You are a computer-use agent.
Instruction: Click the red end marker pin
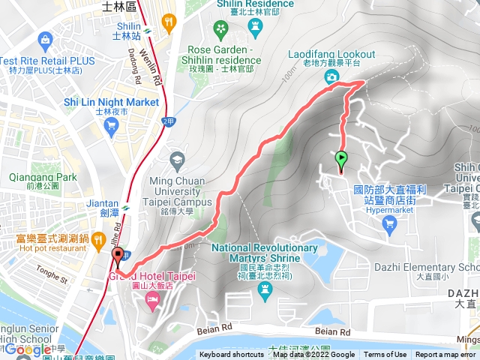[x=118, y=257]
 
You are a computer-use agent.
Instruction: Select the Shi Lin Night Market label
[x=111, y=102]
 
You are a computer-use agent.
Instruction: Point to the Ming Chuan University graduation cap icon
[x=177, y=159]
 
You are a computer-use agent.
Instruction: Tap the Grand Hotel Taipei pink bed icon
[x=153, y=299]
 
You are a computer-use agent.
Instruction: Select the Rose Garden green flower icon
[x=220, y=28]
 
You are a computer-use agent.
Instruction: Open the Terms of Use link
[x=385, y=355]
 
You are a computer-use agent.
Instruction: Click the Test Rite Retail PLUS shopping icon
[x=46, y=38]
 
